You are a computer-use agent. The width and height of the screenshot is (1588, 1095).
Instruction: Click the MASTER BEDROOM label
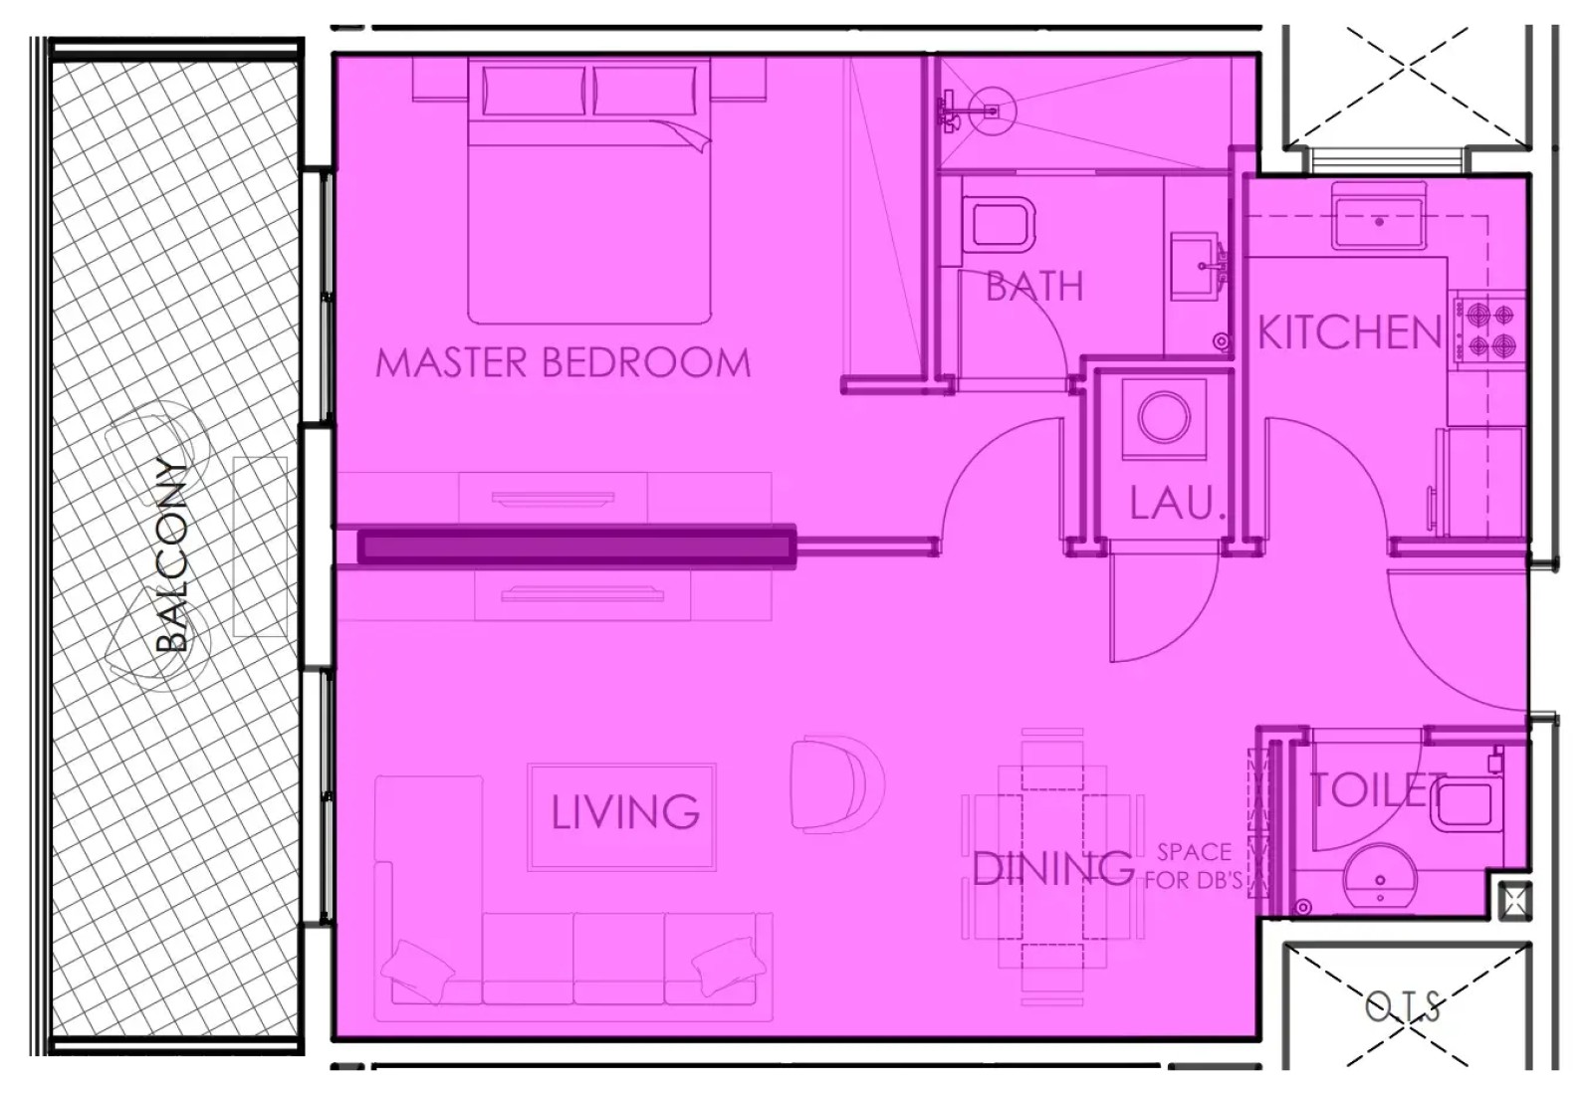(x=563, y=362)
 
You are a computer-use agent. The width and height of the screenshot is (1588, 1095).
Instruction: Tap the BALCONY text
(x=172, y=554)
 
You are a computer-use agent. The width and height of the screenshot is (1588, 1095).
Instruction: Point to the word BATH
(x=1034, y=286)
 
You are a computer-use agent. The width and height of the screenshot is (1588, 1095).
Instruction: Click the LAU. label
(x=1177, y=503)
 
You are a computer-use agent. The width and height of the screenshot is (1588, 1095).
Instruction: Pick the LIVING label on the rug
(x=625, y=812)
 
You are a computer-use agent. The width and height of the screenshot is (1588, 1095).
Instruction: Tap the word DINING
(x=1052, y=868)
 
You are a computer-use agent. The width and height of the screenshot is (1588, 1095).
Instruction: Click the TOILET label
(x=1378, y=789)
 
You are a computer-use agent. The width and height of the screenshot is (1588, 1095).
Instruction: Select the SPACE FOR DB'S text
(x=1195, y=866)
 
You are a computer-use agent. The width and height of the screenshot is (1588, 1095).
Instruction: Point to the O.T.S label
(x=1403, y=1006)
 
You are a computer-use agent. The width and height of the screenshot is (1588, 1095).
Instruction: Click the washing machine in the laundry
(x=1164, y=418)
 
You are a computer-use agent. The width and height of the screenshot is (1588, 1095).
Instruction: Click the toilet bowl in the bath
(x=999, y=225)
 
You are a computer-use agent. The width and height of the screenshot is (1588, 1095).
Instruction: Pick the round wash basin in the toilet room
(x=1380, y=882)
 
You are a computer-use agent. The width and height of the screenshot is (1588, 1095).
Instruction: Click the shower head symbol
(x=993, y=111)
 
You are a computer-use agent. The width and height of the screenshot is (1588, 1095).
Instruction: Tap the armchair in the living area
(x=837, y=782)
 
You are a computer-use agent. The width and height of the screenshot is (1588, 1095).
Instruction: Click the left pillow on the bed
(x=535, y=90)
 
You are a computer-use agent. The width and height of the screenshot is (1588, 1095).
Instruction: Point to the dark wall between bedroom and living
(x=577, y=547)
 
